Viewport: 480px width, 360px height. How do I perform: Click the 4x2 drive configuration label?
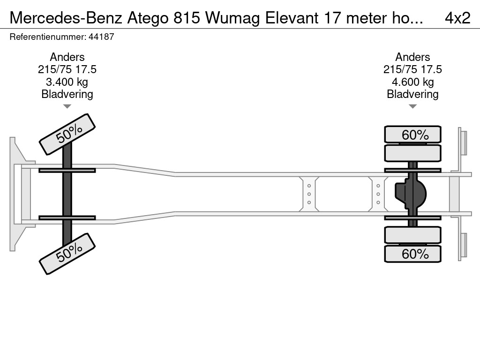pyautogui.click(x=457, y=18)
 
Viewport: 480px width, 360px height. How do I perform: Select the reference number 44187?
pyautogui.click(x=101, y=37)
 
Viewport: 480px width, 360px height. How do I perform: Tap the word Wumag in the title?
pyautogui.click(x=232, y=18)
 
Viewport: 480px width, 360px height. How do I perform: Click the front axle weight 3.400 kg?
pyautogui.click(x=67, y=82)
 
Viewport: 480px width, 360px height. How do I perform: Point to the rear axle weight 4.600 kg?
pyautogui.click(x=412, y=82)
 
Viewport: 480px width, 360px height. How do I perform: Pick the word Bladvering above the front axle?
pyautogui.click(x=67, y=94)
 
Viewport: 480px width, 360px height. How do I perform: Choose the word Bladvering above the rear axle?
pyautogui.click(x=412, y=94)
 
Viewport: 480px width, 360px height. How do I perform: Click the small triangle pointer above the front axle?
pyautogui.click(x=67, y=106)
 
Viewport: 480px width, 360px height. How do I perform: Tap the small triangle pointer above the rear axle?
pyautogui.click(x=412, y=106)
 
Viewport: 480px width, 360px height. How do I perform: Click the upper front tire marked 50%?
pyautogui.click(x=67, y=135)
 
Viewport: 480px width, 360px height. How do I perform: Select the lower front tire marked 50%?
pyautogui.click(x=67, y=254)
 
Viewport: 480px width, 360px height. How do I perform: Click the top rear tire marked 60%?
pyautogui.click(x=412, y=134)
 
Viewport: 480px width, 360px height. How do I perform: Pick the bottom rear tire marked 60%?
pyautogui.click(x=412, y=254)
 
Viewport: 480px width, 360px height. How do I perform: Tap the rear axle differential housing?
pyautogui.click(x=411, y=194)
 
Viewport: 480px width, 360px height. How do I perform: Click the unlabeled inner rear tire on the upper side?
pyautogui.click(x=412, y=153)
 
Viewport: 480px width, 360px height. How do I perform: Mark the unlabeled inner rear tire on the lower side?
pyautogui.click(x=412, y=235)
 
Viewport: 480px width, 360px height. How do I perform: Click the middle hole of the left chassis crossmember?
pyautogui.click(x=309, y=194)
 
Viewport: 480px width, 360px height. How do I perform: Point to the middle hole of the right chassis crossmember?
pyautogui.click(x=378, y=194)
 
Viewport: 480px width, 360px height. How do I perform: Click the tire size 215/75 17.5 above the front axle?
pyautogui.click(x=67, y=69)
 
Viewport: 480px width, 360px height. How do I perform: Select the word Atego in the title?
pyautogui.click(x=148, y=18)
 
